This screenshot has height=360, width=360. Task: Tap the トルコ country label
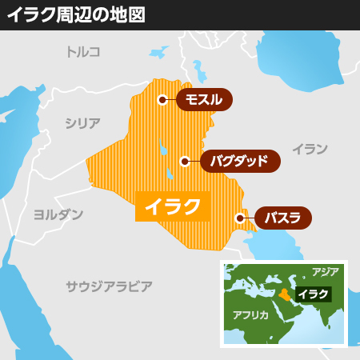click(83, 52)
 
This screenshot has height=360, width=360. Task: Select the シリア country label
click(83, 123)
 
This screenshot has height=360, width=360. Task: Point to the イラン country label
click(310, 149)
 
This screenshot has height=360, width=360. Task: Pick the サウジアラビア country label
click(109, 285)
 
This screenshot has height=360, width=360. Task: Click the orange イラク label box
click(172, 206)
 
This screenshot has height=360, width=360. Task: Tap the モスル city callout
click(204, 100)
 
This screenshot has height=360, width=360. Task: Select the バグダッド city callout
click(239, 161)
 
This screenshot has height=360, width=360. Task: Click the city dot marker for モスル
click(162, 100)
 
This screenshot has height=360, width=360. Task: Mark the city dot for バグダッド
click(185, 161)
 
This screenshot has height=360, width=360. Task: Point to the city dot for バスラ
click(239, 218)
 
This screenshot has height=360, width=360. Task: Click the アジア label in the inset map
click(326, 272)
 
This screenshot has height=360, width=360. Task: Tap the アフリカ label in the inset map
click(250, 314)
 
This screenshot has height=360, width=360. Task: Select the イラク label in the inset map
click(313, 294)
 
